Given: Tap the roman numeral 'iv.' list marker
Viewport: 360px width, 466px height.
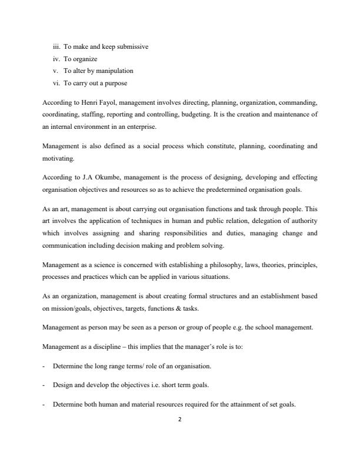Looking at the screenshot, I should coord(56,59).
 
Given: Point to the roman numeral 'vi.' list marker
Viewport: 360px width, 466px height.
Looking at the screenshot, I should coord(56,83).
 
